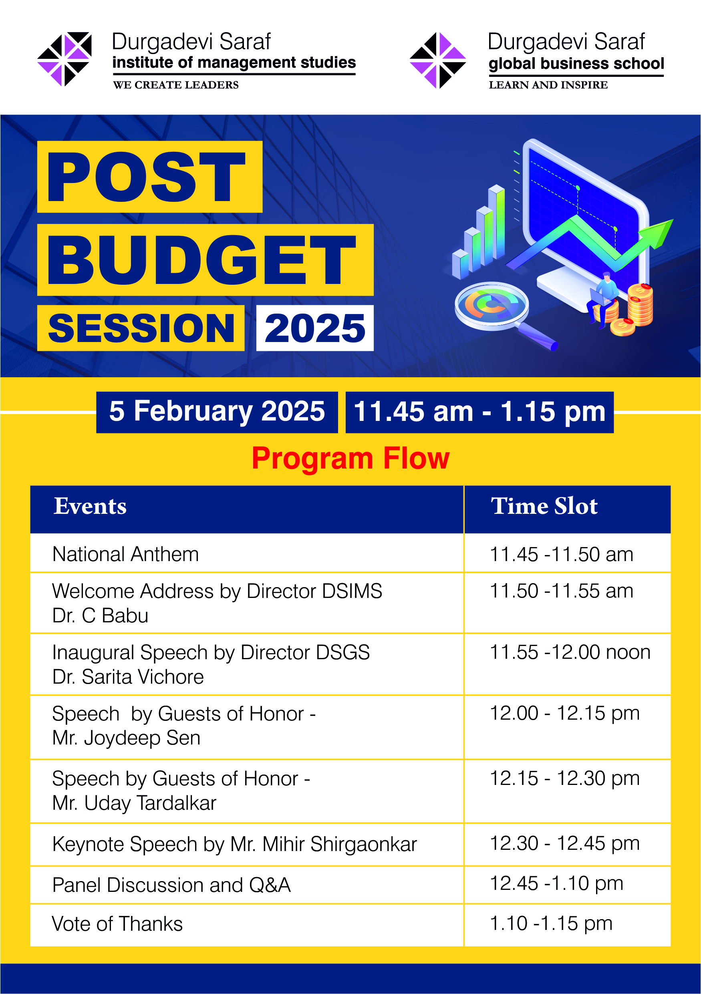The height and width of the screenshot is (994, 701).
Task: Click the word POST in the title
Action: (146, 177)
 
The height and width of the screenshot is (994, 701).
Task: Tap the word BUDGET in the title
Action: (202, 260)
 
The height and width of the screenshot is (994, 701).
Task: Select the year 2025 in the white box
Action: (315, 328)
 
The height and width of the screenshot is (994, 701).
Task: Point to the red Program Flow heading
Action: (351, 459)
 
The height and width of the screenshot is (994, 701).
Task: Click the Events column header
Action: (90, 506)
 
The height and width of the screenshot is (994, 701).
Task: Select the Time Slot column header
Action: (544, 506)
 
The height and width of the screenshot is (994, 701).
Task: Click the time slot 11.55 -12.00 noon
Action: (570, 652)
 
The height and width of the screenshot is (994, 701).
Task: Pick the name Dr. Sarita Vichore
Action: (128, 677)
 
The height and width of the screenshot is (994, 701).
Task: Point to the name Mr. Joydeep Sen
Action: (127, 738)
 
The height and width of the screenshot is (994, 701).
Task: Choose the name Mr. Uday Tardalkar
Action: (134, 803)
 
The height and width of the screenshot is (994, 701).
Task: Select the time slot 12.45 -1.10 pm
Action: (556, 883)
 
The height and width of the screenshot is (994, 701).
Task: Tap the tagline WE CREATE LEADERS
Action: (176, 85)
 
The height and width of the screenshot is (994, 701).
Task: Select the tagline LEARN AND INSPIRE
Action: (548, 85)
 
